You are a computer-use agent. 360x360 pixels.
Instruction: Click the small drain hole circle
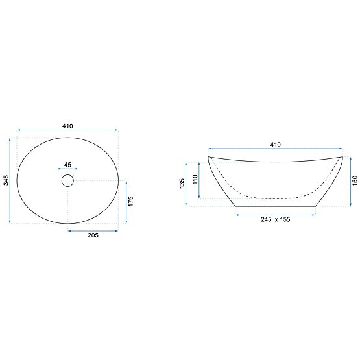click(68, 180)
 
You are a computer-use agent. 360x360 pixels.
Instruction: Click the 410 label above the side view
click(274, 144)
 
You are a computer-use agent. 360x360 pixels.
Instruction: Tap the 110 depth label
click(195, 180)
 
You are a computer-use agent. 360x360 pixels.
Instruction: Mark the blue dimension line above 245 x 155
click(276, 213)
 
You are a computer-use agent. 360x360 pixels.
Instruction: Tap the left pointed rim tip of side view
click(209, 158)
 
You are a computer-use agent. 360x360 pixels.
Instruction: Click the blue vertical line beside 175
click(125, 202)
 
